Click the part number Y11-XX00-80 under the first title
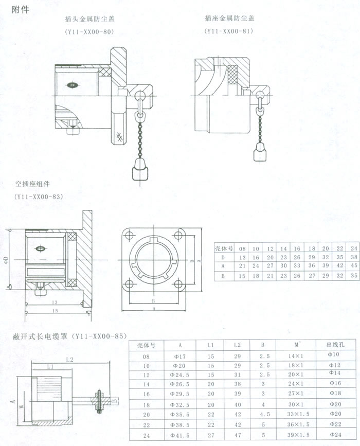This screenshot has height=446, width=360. click(x=89, y=32)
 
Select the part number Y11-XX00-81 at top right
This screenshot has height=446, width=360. click(x=228, y=31)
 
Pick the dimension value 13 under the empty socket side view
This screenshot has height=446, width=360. click(x=53, y=302)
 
